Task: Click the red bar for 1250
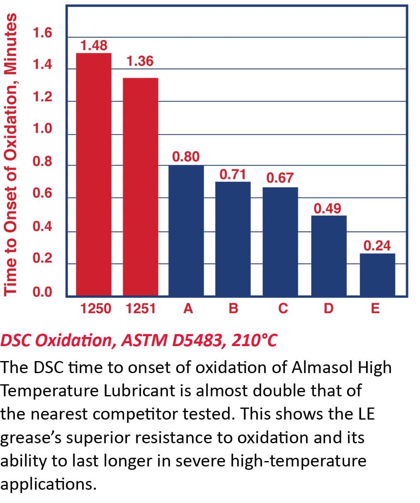click(94, 174)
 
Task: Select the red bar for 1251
click(140, 187)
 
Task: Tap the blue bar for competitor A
click(186, 230)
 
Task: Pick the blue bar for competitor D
click(329, 255)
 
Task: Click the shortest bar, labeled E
click(377, 274)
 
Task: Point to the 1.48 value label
click(94, 45)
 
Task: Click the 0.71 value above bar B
click(233, 174)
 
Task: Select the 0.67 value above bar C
click(280, 178)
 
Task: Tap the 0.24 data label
click(377, 246)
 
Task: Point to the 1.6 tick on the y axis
click(43, 32)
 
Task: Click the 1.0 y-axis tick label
click(43, 129)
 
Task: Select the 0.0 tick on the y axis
click(43, 292)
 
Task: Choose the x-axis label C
click(283, 308)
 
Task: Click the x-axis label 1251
click(140, 308)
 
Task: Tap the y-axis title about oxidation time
click(11, 154)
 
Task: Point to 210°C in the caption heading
click(254, 340)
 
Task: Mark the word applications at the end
click(49, 484)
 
